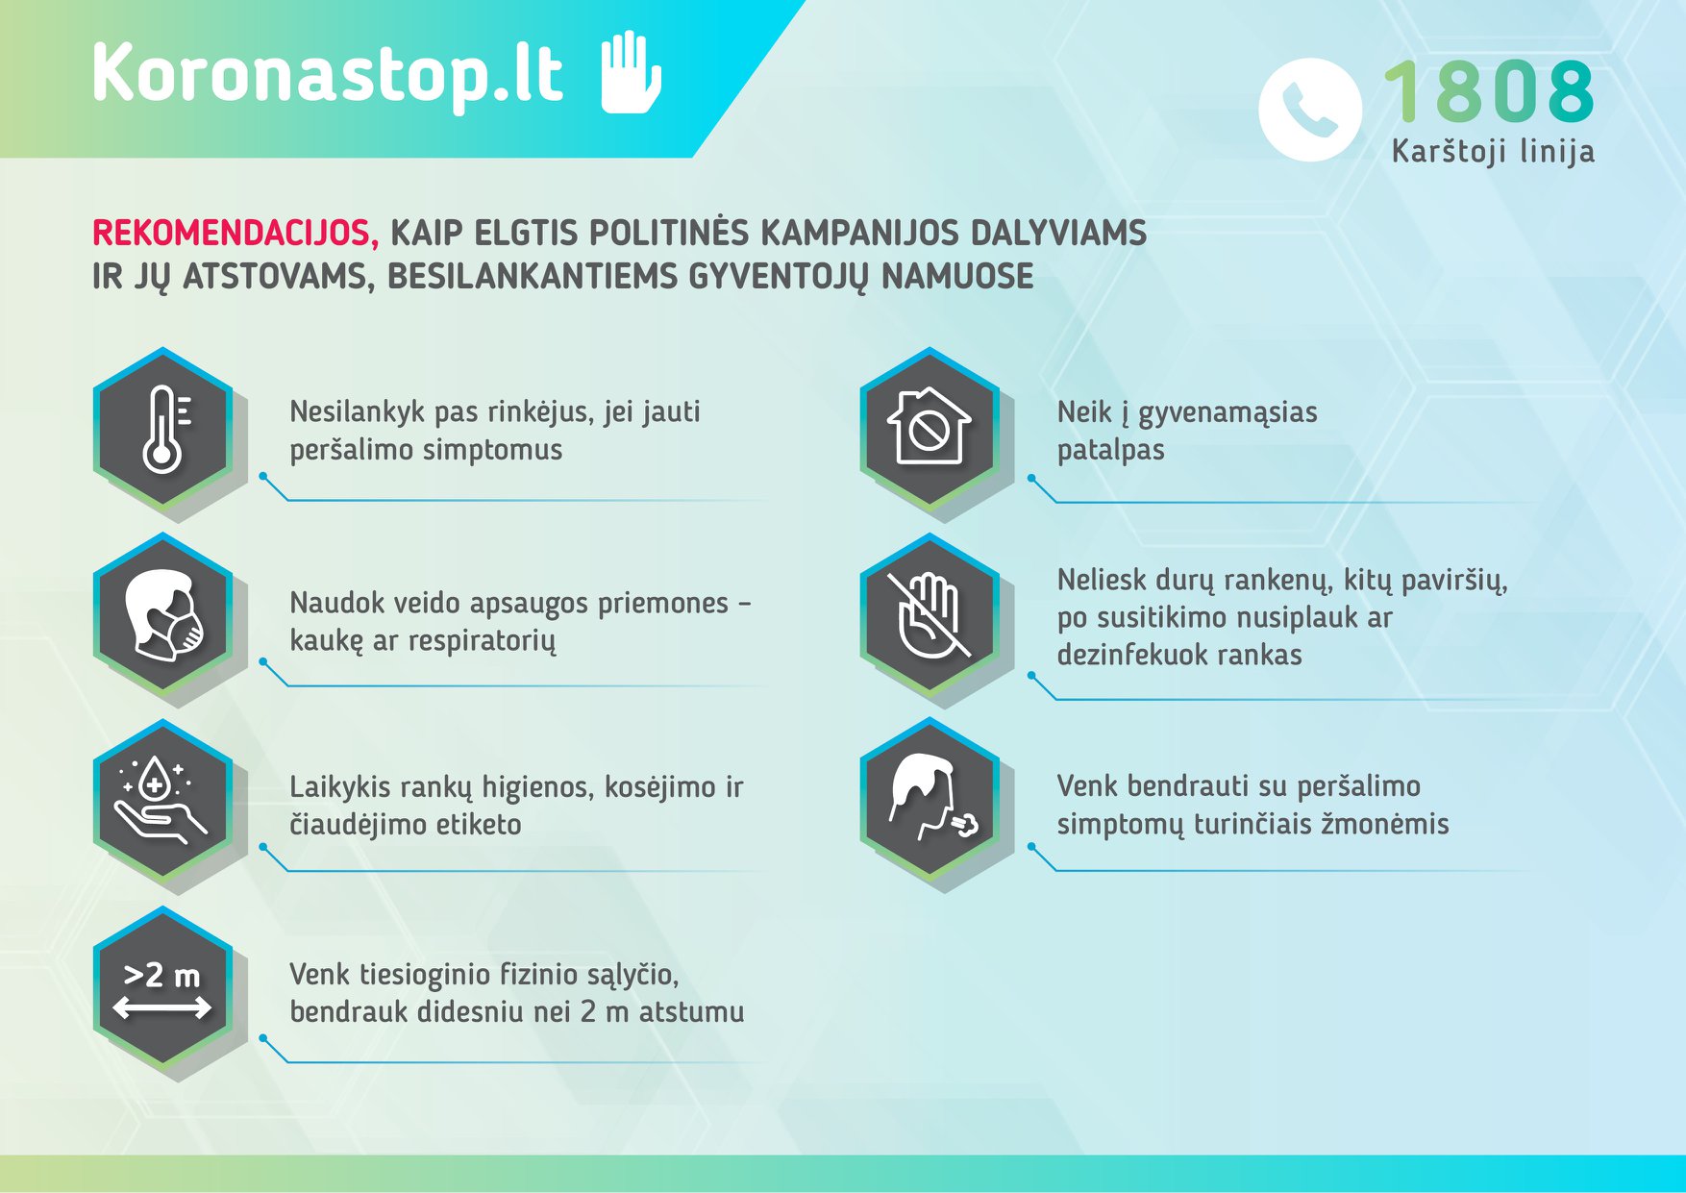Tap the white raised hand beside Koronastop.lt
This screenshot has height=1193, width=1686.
click(631, 72)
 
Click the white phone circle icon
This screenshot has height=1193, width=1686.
click(1310, 110)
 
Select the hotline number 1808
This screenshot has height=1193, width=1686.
click(1489, 91)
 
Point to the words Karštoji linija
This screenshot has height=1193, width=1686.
click(1493, 151)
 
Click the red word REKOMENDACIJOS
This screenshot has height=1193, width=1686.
click(236, 233)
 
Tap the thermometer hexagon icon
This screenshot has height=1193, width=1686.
click(163, 429)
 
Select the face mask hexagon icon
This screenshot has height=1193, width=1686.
click(163, 614)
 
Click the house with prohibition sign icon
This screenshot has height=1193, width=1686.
click(930, 429)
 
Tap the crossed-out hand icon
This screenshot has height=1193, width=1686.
click(930, 614)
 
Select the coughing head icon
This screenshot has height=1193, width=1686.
click(930, 799)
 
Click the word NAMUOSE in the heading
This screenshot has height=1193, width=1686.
click(957, 277)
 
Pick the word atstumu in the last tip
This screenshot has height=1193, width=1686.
click(691, 1011)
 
